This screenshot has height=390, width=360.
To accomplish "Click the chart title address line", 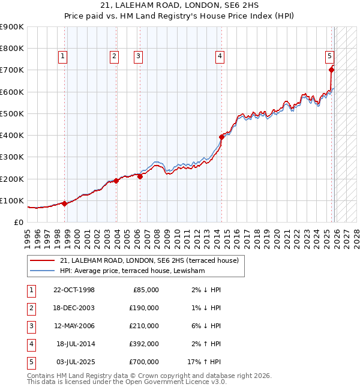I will pyautogui.click(x=179, y=5).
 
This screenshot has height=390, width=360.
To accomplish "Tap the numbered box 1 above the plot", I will pyautogui.click(x=63, y=56).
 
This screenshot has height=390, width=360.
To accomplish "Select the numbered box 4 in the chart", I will pyautogui.click(x=220, y=56).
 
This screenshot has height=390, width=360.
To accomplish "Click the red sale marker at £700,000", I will pyautogui.click(x=332, y=70).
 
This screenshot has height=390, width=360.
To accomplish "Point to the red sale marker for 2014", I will pyautogui.click(x=221, y=137).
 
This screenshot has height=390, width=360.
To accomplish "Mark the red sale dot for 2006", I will pyautogui.click(x=140, y=176).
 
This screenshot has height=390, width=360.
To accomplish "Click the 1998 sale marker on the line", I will pyautogui.click(x=64, y=203).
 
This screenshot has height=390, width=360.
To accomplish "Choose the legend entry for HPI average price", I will pyautogui.click(x=132, y=271).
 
